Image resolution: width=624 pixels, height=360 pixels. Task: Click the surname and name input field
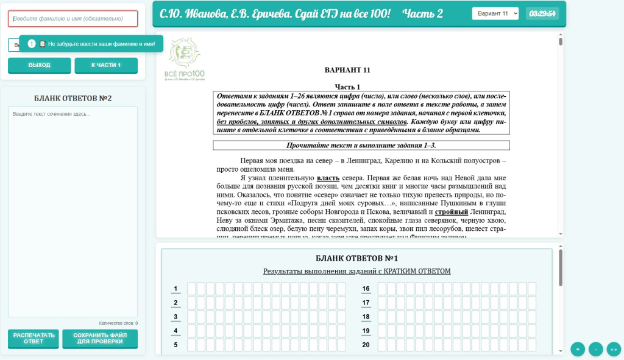[x=73, y=19]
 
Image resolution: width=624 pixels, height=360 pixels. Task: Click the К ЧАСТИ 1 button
[x=106, y=65]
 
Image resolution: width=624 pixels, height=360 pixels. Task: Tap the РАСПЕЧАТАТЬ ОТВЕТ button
[x=34, y=339]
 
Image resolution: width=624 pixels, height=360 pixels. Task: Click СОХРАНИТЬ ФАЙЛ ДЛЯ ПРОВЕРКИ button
[x=99, y=339]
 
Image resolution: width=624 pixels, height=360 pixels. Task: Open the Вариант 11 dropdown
[x=495, y=13]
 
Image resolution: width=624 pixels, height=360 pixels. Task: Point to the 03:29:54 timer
[x=542, y=13]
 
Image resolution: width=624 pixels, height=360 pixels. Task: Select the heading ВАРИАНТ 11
[x=347, y=70]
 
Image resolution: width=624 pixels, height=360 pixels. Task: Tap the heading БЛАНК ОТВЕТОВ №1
[x=356, y=258]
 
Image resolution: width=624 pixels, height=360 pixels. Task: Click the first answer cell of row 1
[x=191, y=289]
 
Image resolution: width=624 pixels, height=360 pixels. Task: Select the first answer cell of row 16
[x=382, y=289]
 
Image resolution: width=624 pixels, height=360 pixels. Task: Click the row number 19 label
[x=366, y=331]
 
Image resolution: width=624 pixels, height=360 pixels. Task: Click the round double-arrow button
[x=614, y=349]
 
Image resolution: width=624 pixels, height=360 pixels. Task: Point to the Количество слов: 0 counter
[x=118, y=323]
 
